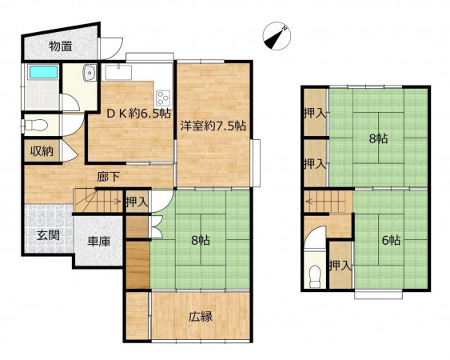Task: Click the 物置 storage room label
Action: click(x=61, y=46)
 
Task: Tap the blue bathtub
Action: click(x=44, y=72)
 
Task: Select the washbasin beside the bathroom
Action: click(x=90, y=73)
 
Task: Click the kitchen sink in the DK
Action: click(x=118, y=73)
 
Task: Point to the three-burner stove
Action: click(x=163, y=98)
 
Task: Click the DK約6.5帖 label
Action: click(x=139, y=114)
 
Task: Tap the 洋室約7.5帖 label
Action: click(x=213, y=126)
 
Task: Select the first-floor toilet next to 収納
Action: click(x=36, y=126)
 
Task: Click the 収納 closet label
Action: click(x=42, y=151)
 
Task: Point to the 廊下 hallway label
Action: click(x=108, y=177)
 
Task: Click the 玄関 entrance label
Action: click(x=48, y=235)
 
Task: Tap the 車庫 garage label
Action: click(x=99, y=241)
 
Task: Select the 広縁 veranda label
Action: click(x=201, y=316)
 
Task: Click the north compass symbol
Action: click(x=277, y=36)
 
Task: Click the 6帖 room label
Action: click(x=391, y=240)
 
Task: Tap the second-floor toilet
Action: click(x=315, y=276)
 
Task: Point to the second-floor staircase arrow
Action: click(x=325, y=202)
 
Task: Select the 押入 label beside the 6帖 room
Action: click(x=340, y=266)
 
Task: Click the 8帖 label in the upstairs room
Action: click(x=378, y=138)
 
